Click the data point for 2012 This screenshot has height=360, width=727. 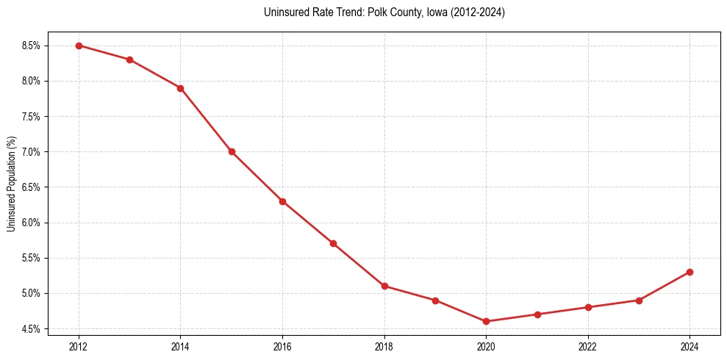[79, 46]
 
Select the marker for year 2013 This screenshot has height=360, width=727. [129, 60]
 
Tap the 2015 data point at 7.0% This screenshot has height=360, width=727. [232, 151]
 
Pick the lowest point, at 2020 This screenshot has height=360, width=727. [486, 321]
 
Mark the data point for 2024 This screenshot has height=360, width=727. [690, 272]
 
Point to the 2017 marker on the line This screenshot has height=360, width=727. [333, 243]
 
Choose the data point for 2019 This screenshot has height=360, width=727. [435, 300]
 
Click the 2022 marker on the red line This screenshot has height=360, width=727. [588, 307]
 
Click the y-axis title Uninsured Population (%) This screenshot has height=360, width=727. [11, 184]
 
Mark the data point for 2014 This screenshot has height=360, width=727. [180, 88]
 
